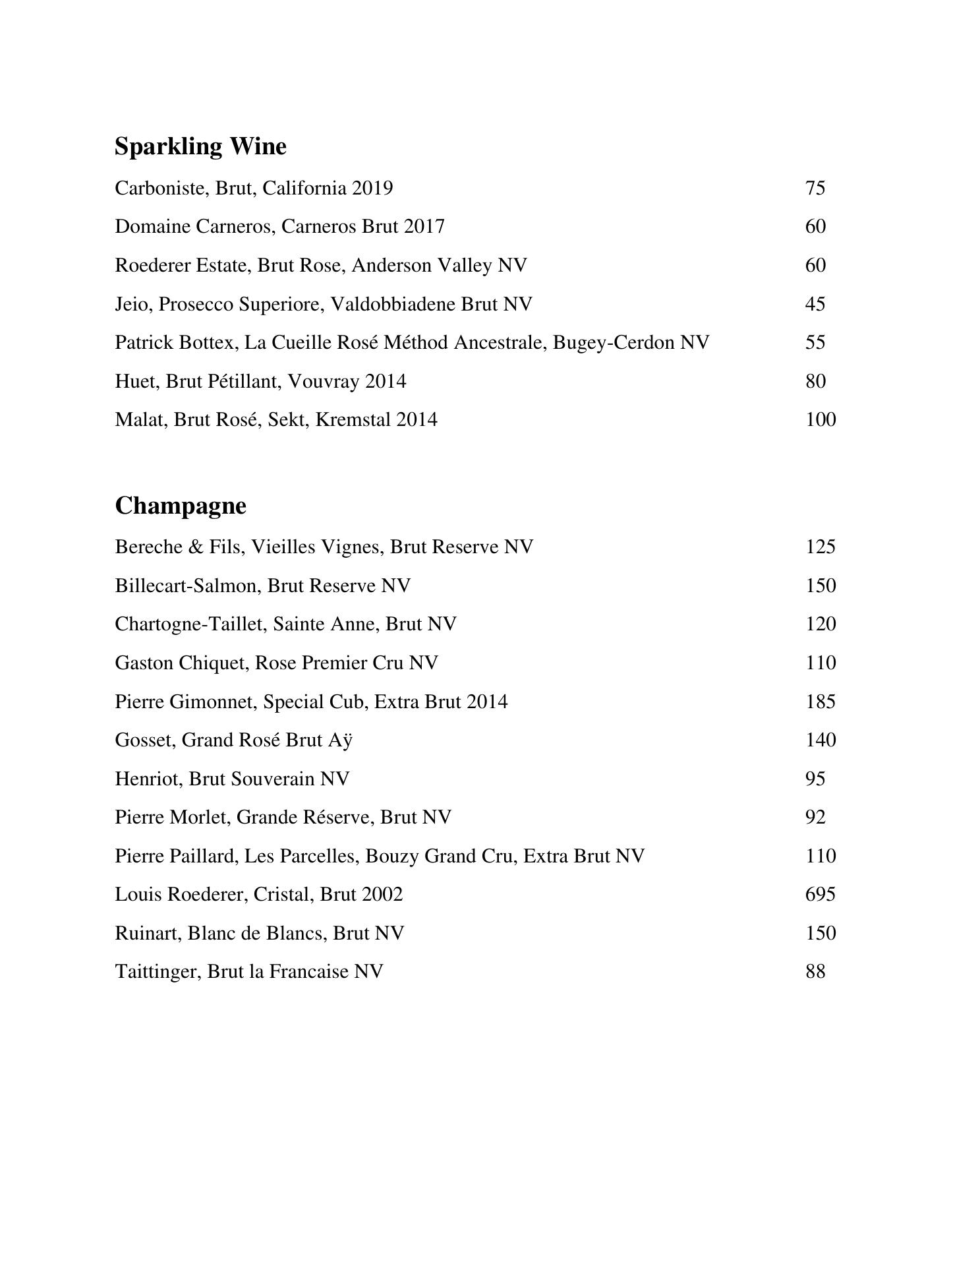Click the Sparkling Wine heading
click(x=200, y=146)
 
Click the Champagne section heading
click(x=181, y=506)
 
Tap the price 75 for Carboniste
click(x=815, y=189)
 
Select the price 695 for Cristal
click(x=820, y=895)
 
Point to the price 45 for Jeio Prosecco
click(x=815, y=304)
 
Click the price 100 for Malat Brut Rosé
click(x=820, y=420)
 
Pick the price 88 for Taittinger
click(x=815, y=972)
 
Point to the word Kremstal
click(x=353, y=420)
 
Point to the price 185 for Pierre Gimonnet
click(x=820, y=702)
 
